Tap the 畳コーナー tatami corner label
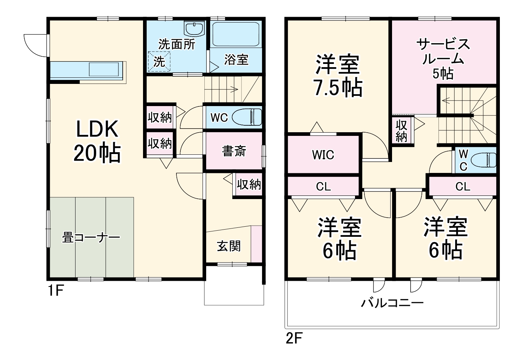tap(91, 238)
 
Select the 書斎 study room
tap(234, 151)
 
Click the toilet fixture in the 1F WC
tap(247, 117)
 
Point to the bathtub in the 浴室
tap(236, 35)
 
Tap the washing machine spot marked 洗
tap(159, 62)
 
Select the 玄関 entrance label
tap(229, 246)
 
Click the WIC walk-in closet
tap(323, 155)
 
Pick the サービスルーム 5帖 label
tap(443, 58)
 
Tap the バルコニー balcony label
tap(392, 303)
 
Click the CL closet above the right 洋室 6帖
tap(462, 187)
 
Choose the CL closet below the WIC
tap(323, 187)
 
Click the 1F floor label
tap(56, 290)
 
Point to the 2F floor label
tap(294, 339)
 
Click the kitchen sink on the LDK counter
tap(104, 69)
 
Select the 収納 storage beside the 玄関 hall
tap(249, 185)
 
